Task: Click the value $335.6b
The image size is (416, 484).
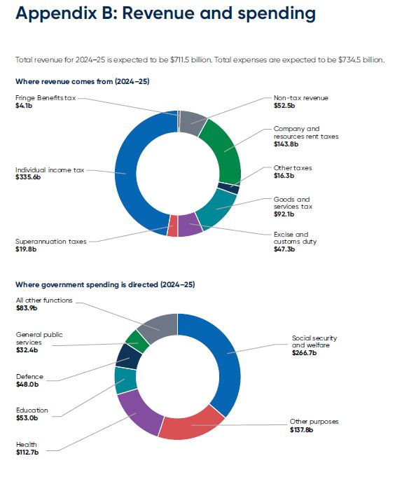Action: tap(29, 177)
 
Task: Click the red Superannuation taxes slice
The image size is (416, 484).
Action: tap(172, 226)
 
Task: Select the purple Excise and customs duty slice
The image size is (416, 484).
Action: tap(190, 226)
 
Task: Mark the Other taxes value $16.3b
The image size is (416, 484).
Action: tap(284, 176)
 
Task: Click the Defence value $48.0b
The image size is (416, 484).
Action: tap(27, 385)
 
